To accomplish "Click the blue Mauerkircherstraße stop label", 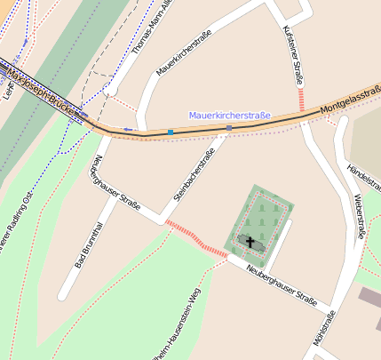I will pos(229,116).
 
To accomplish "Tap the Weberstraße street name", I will pos(359,216).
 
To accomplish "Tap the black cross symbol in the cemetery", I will pos(250,242).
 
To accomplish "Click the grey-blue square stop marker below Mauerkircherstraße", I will pos(228,129).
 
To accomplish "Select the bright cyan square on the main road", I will pos(170,132).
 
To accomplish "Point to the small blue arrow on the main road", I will pos(129,130).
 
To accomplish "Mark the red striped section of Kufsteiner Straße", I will pos(302,99).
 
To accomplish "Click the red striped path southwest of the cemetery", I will pos(196,238).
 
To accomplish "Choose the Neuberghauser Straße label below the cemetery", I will pos(282,284).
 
